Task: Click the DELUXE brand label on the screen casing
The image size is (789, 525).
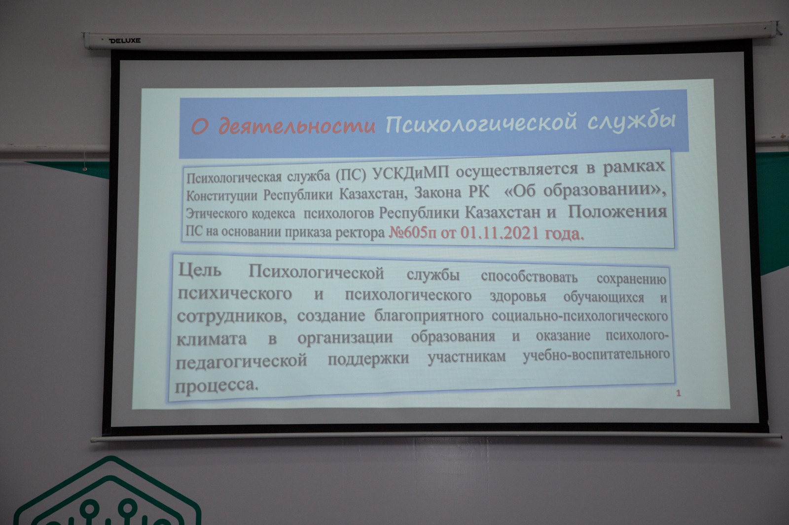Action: (124, 41)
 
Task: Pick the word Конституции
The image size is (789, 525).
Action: (222, 196)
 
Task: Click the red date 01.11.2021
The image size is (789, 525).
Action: (500, 233)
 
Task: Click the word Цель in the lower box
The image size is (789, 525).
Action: (200, 270)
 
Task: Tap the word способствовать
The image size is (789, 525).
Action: (530, 277)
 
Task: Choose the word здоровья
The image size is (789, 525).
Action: (518, 296)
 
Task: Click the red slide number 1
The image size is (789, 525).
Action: (679, 394)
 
